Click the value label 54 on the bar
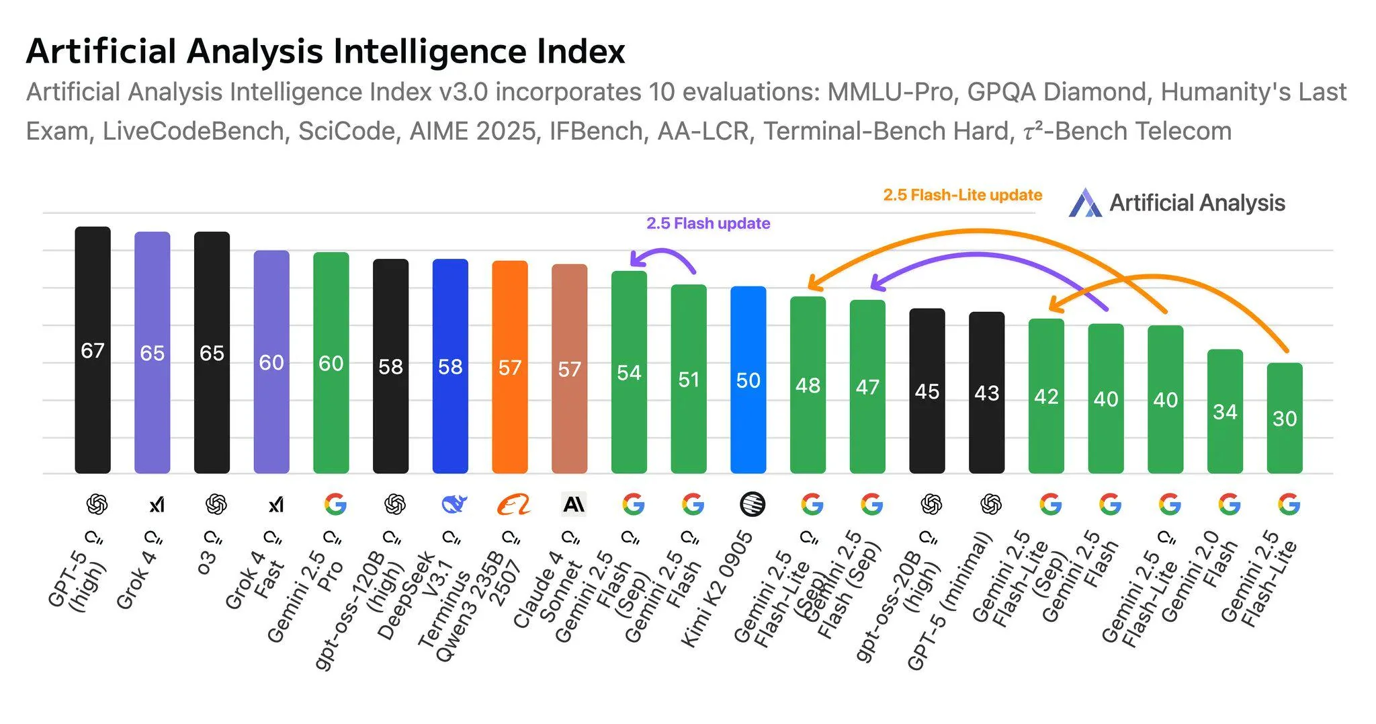pyautogui.click(x=629, y=372)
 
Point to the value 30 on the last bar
pyautogui.click(x=1284, y=419)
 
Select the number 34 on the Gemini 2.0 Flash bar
pyautogui.click(x=1225, y=411)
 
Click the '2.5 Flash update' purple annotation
pyautogui.click(x=708, y=223)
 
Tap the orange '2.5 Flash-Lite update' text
pyautogui.click(x=962, y=195)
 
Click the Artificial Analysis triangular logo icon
pyautogui.click(x=1084, y=203)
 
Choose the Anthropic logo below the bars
pyautogui.click(x=574, y=504)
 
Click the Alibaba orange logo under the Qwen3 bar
pyautogui.click(x=513, y=504)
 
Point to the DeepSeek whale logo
pyautogui.click(x=454, y=504)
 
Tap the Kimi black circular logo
pyautogui.click(x=752, y=504)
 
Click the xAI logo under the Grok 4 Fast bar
pyautogui.click(x=275, y=504)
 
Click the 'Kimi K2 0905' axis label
pyautogui.click(x=717, y=588)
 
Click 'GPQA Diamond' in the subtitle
pyautogui.click(x=1056, y=92)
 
